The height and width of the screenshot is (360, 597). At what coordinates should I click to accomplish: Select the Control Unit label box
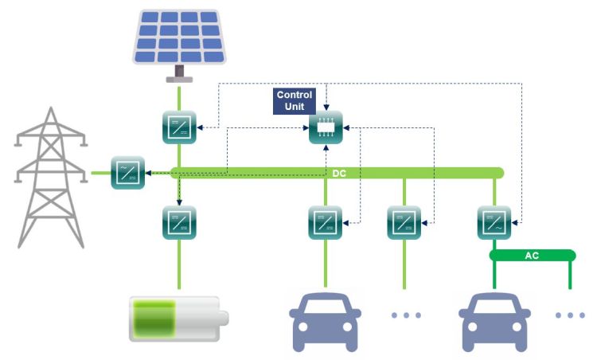(295, 101)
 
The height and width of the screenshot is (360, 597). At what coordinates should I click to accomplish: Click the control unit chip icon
(326, 127)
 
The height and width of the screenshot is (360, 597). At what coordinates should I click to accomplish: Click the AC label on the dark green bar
(532, 256)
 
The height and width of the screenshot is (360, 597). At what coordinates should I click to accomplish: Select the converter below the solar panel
(179, 127)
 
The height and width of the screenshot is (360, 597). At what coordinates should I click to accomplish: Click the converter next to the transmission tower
(127, 172)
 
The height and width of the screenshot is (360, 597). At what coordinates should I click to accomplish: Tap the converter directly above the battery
(179, 223)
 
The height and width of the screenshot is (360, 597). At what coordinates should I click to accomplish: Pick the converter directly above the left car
(326, 223)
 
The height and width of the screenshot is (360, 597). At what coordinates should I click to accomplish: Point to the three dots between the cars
(406, 315)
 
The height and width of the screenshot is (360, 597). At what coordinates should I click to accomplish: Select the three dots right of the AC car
(570, 315)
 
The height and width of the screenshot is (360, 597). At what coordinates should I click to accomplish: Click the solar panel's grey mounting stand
(180, 75)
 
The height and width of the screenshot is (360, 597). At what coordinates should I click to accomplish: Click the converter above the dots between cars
(404, 223)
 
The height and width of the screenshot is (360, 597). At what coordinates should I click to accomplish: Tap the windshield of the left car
(326, 306)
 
